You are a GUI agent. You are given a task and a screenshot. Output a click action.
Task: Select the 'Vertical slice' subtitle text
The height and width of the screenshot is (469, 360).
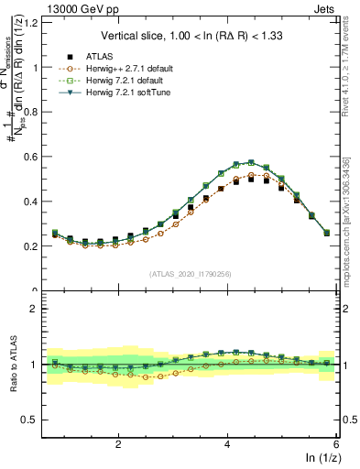191,36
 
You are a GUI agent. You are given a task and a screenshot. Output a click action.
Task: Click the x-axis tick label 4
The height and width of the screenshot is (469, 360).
227,443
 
